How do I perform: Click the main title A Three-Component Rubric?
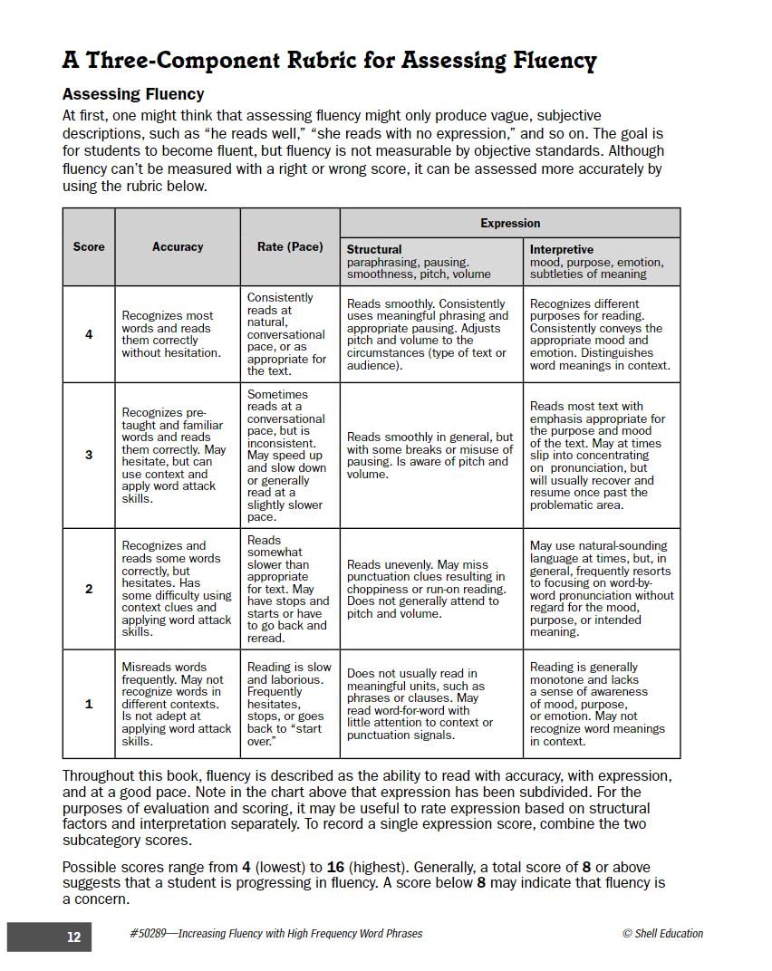(x=329, y=61)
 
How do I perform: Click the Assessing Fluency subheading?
(x=133, y=94)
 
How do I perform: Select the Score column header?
(x=89, y=246)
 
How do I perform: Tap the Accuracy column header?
(x=178, y=246)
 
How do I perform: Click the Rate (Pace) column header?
(x=290, y=246)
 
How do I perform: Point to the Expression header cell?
(x=509, y=223)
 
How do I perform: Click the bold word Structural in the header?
(x=374, y=249)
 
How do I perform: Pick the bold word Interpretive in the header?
(x=562, y=249)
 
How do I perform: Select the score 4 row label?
(x=89, y=334)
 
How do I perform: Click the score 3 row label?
(x=89, y=455)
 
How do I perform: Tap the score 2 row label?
(x=89, y=589)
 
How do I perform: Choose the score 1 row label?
(x=89, y=704)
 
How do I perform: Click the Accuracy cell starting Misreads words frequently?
(x=177, y=704)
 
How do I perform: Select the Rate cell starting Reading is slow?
(x=289, y=704)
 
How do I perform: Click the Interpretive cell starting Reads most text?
(x=600, y=455)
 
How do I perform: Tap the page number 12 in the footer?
(x=73, y=937)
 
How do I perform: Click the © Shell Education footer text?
(x=662, y=934)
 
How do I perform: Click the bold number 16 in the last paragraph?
(x=336, y=867)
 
